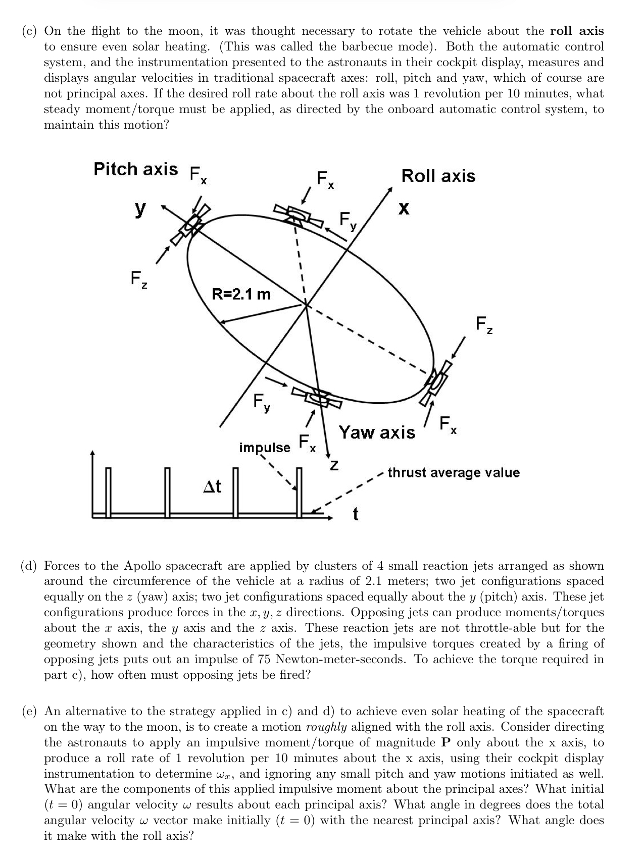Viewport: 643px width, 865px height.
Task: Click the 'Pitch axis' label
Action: [135, 169]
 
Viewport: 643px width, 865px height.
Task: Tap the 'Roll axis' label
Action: [438, 176]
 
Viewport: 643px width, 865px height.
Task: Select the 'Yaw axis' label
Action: [377, 433]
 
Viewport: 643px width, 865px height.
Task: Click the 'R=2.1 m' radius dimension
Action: [241, 294]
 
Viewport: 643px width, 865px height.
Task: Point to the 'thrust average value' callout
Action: [453, 473]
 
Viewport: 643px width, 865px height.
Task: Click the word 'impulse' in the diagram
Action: [264, 448]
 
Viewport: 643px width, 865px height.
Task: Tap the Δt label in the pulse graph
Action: [212, 486]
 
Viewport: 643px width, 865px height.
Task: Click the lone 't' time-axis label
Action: [356, 514]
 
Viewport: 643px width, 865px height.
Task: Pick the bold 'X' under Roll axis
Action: [403, 208]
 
